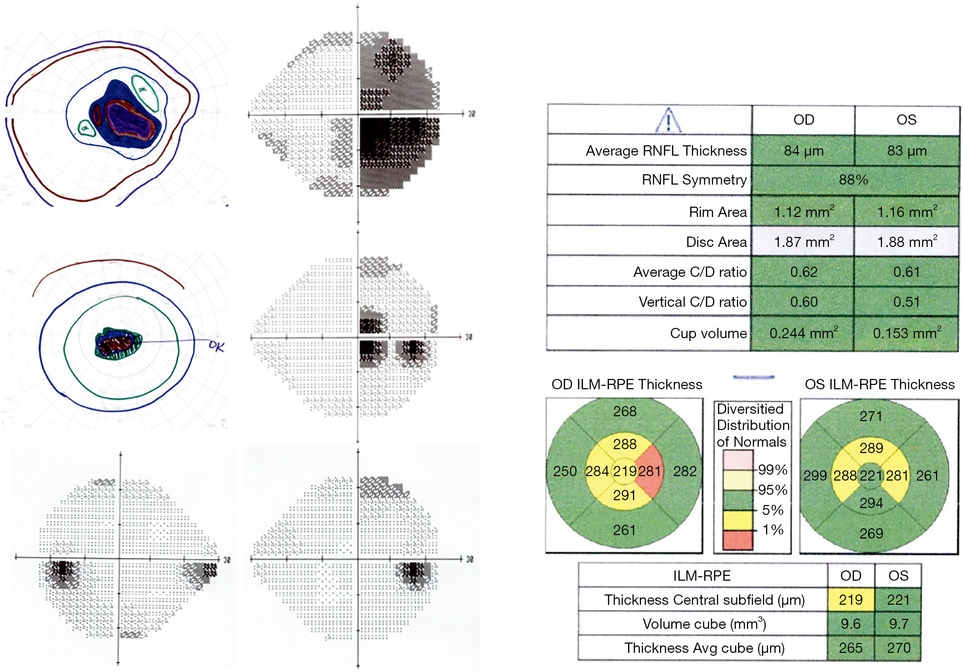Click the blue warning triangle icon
(668, 120)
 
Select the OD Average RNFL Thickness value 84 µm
(803, 151)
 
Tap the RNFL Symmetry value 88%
(853, 180)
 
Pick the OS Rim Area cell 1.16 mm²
(907, 212)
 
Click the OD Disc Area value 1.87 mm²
(803, 242)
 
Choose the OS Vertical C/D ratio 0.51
(907, 301)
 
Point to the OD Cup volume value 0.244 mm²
(803, 333)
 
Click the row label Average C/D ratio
(689, 272)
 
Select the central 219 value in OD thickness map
(625, 471)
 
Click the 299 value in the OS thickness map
(815, 475)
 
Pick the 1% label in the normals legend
(773, 530)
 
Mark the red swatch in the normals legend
(738, 540)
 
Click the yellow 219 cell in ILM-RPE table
(851, 599)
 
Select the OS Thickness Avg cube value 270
(898, 648)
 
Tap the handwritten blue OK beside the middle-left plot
(217, 346)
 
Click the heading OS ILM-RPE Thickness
(880, 384)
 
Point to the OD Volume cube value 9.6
(851, 623)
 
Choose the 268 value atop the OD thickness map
(625, 411)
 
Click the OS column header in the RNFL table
(907, 120)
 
